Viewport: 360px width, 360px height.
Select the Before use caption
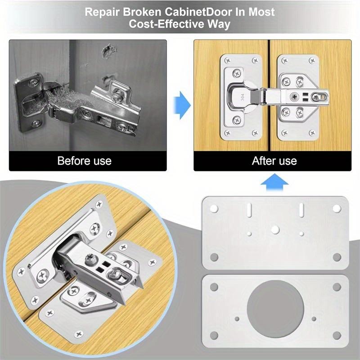point(84,161)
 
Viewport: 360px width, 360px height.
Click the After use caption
point(274,161)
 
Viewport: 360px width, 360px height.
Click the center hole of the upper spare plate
point(274,229)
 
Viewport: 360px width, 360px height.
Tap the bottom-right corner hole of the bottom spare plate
point(337,335)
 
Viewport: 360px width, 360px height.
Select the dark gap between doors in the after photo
point(270,103)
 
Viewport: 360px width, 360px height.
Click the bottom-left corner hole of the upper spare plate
point(214,257)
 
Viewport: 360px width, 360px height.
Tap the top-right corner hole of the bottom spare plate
point(337,287)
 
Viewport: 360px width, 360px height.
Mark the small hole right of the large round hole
point(314,319)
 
